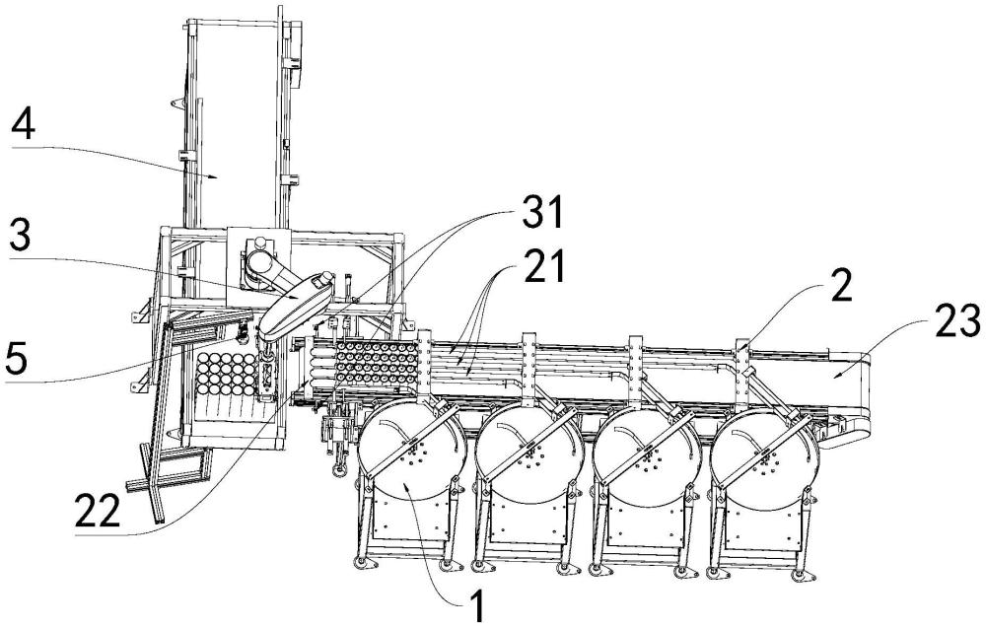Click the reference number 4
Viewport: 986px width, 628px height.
(x=23, y=127)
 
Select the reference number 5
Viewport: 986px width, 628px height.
(x=16, y=359)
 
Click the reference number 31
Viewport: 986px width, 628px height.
(x=542, y=212)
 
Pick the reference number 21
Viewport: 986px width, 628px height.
(x=543, y=266)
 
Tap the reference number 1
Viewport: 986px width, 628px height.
(x=478, y=606)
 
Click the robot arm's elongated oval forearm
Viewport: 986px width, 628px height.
(x=294, y=303)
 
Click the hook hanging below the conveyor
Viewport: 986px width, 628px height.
(x=338, y=465)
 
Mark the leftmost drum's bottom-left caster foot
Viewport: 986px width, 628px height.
(x=363, y=562)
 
